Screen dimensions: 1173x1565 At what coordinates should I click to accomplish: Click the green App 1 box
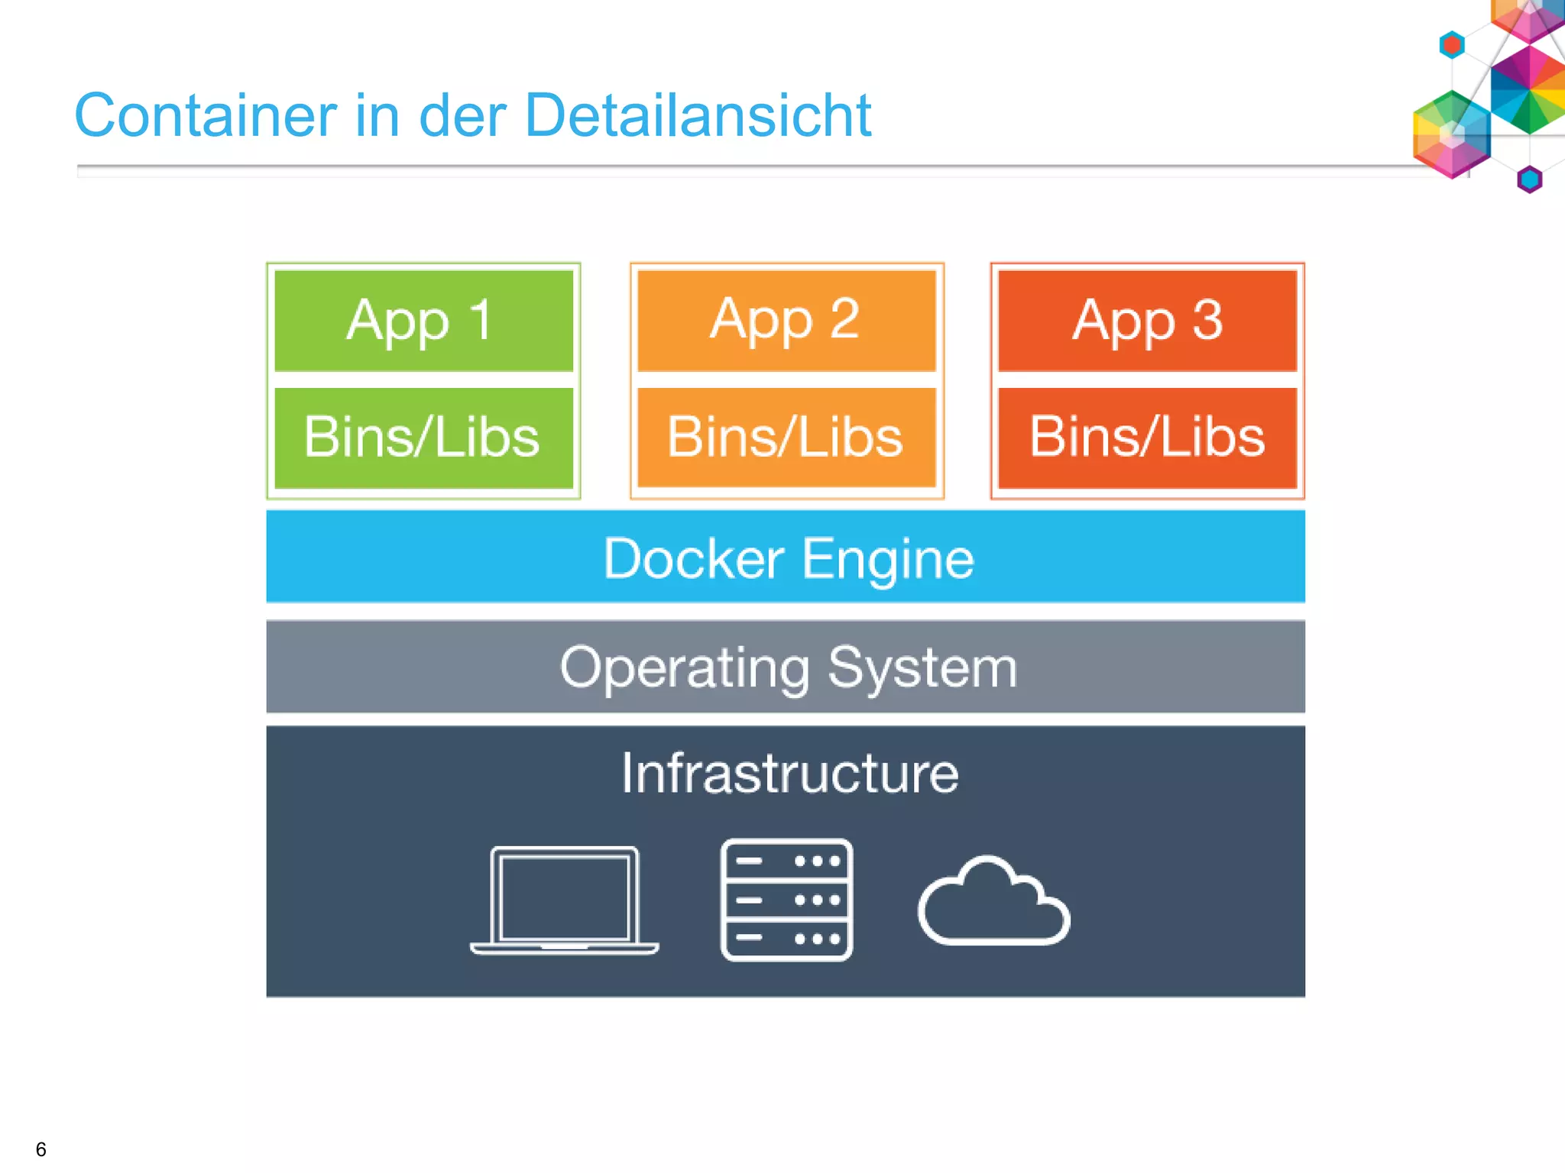tap(423, 321)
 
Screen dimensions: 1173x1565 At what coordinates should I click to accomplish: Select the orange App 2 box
tap(786, 321)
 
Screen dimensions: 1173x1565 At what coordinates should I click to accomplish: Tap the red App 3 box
tap(1147, 321)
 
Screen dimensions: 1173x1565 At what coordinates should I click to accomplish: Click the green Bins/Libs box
tap(423, 438)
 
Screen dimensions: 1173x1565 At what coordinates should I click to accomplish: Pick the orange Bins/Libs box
tap(786, 438)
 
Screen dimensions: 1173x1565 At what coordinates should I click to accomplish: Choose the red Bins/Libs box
tap(1147, 438)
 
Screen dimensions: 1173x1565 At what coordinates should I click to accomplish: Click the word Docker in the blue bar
tap(693, 558)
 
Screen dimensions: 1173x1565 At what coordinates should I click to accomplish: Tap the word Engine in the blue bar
tap(888, 560)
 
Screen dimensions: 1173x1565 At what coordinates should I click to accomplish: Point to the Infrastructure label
tap(789, 774)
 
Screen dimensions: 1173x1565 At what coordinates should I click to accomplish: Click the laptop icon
tap(564, 900)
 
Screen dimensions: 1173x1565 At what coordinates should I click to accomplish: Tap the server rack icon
tap(786, 900)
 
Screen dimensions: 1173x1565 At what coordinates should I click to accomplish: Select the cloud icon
tap(993, 903)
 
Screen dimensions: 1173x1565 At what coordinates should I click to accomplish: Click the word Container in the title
tap(206, 115)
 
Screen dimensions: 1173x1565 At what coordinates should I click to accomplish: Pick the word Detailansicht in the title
tap(698, 115)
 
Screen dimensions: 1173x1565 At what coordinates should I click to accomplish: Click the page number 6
tap(41, 1149)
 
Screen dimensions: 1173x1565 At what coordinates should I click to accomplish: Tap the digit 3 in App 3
tap(1207, 319)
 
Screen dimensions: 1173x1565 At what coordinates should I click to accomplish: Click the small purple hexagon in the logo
tap(1529, 179)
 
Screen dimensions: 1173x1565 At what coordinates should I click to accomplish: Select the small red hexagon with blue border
tap(1452, 45)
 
